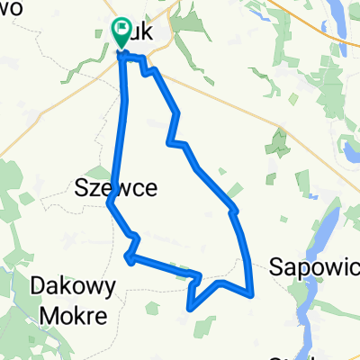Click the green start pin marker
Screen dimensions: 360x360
pyautogui.click(x=121, y=33)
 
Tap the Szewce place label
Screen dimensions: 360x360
pyautogui.click(x=115, y=187)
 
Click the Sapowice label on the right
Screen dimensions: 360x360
pyautogui.click(x=314, y=266)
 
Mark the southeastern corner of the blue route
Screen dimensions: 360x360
pyautogui.click(x=252, y=293)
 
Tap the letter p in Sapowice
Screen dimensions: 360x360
pyautogui.click(x=298, y=268)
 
